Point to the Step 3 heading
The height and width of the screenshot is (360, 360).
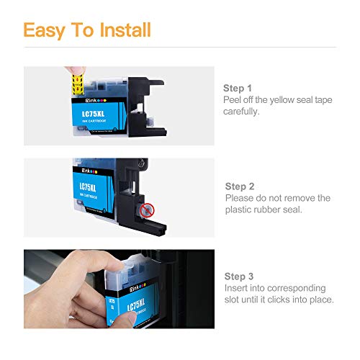(x=240, y=275)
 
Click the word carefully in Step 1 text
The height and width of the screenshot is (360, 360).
(x=243, y=112)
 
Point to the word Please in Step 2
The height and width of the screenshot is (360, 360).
(x=241, y=197)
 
